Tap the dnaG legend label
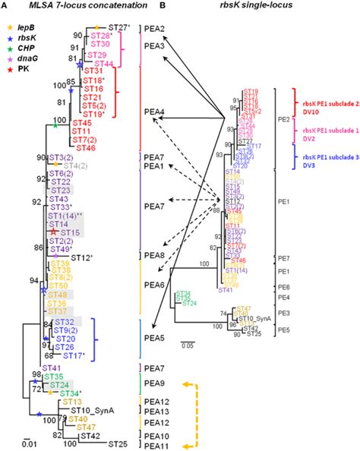(30, 58)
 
